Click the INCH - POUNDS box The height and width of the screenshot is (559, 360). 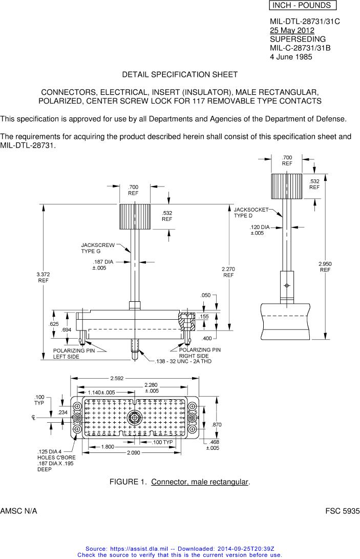pos(302,6)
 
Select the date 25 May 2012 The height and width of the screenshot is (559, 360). pos(292,31)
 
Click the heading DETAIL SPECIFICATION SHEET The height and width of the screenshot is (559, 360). pos(180,75)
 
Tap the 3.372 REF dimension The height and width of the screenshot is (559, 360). pos(43,277)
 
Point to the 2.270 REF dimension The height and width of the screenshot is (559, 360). pos(228,272)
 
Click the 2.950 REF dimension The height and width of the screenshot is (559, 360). pos(325,266)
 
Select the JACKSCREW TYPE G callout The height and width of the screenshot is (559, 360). pos(98,248)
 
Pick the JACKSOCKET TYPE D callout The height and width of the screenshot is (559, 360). pos(250,213)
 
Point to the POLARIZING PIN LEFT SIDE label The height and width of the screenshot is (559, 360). pos(74,354)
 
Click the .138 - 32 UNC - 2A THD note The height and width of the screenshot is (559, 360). pos(183,362)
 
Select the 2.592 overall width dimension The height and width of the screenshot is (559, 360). pos(116,379)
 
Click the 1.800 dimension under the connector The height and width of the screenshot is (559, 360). pos(108,447)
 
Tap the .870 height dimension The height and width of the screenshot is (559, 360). pos(217,425)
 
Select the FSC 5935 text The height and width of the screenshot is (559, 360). pos(343,511)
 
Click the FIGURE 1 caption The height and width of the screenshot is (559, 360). pos(180,482)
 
